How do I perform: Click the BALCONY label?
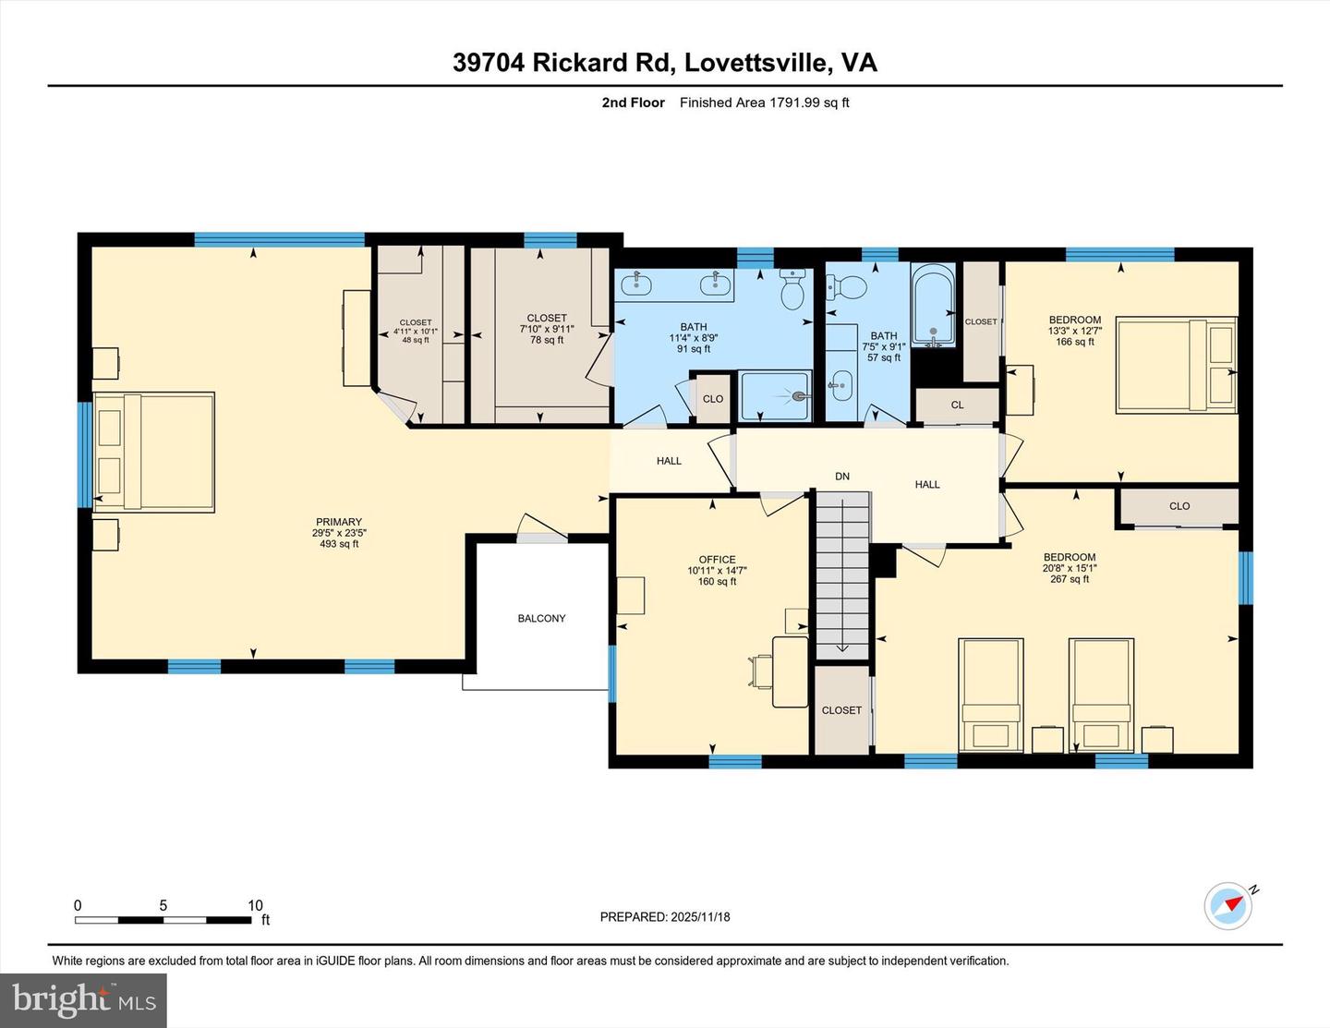click(x=541, y=618)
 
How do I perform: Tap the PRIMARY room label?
click(x=339, y=522)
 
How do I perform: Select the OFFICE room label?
click(x=717, y=559)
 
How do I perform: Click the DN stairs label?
click(x=841, y=477)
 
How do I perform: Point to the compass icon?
click(x=1228, y=906)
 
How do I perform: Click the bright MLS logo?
click(x=83, y=1000)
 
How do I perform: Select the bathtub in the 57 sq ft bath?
click(x=933, y=305)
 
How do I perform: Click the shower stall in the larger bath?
click(x=775, y=396)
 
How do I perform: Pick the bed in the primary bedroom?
click(x=154, y=452)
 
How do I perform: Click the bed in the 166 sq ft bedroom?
click(x=1176, y=365)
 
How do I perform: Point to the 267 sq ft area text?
click(x=1070, y=579)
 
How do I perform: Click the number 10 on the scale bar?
click(x=255, y=905)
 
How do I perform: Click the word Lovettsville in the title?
click(x=756, y=62)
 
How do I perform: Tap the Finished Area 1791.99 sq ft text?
click(x=764, y=103)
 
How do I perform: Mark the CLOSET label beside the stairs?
click(x=841, y=710)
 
